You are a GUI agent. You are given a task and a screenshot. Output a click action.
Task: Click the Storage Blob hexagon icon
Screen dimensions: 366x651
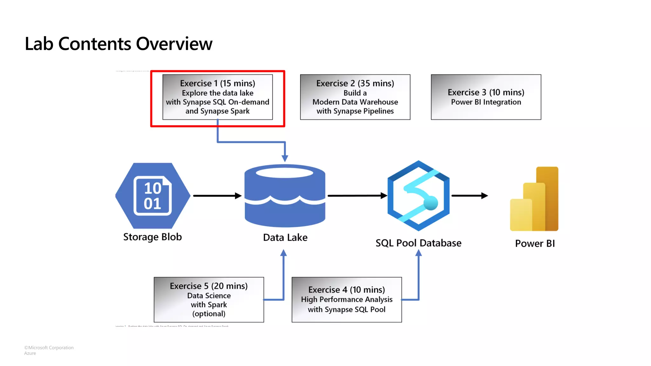click(153, 195)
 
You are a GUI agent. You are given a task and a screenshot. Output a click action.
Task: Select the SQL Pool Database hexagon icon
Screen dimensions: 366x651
click(418, 195)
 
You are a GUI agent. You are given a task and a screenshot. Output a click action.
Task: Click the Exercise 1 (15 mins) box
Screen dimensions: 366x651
click(217, 97)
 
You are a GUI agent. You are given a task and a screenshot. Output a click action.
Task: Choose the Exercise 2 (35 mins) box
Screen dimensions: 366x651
click(355, 97)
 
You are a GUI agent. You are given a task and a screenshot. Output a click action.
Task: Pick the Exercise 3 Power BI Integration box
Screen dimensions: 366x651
click(486, 97)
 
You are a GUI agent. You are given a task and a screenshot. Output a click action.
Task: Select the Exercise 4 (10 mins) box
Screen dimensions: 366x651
click(346, 299)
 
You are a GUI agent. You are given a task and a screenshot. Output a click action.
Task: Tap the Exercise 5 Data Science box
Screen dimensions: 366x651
click(209, 299)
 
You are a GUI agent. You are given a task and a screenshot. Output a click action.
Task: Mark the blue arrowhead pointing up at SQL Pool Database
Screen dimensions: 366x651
click(419, 253)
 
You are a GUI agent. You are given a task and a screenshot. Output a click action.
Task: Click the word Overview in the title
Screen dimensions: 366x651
click(174, 44)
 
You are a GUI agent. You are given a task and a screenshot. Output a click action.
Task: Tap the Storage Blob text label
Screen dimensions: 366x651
click(152, 237)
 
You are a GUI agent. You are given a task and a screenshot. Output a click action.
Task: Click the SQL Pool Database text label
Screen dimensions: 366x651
click(418, 243)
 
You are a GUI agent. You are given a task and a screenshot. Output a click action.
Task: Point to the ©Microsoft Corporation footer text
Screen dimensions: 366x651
click(49, 348)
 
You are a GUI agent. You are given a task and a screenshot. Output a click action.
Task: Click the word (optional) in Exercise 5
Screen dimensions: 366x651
click(209, 314)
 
